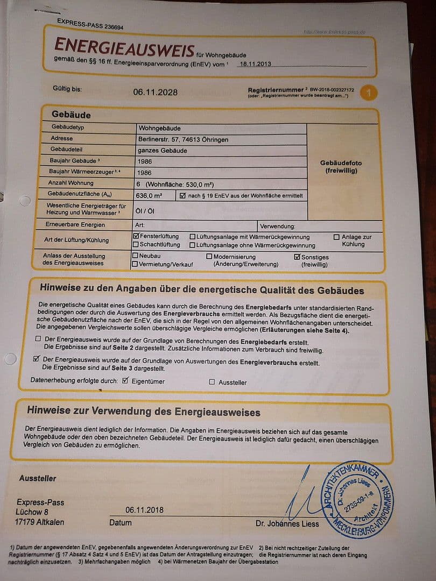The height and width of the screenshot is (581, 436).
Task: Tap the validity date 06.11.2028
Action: pos(155,92)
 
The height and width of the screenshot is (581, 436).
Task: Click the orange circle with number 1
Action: pos(369,93)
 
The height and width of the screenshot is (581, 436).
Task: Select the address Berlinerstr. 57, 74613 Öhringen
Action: pos(183,139)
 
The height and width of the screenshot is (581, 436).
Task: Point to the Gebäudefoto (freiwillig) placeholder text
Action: pos(341,167)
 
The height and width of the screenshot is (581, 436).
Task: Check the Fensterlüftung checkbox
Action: pos(136,236)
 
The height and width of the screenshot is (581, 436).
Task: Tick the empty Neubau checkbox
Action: pos(135,256)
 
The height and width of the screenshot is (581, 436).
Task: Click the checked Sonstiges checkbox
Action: pos(297,257)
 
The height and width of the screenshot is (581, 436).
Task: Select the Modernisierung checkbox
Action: pos(209,257)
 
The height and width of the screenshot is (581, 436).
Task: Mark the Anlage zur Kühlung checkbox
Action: pos(336,237)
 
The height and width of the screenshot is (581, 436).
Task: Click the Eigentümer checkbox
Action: pos(125,381)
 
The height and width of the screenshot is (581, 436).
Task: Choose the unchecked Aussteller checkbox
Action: pos(212,382)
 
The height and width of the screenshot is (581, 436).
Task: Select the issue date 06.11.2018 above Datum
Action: pos(145,509)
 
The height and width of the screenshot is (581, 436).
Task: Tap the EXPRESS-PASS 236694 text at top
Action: pos(90,24)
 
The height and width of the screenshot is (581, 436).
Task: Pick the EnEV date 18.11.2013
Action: pos(256,63)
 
